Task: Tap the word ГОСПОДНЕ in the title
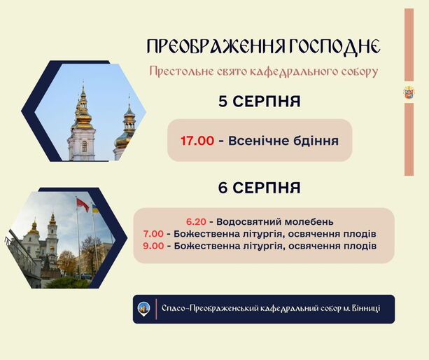pos(334,46)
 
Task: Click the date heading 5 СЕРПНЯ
pos(260,102)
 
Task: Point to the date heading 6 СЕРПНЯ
pos(259,188)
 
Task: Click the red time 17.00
pos(197,141)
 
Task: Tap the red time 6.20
pos(196,221)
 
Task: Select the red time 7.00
pos(153,234)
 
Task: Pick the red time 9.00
pos(153,246)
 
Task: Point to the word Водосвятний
pos(248,222)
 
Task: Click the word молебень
pos(309,222)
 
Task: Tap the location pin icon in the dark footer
pos(143,309)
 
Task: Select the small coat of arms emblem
pos(409,92)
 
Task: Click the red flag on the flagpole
pos(83,205)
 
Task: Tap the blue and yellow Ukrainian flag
pos(95,209)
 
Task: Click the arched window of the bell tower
pos(84,146)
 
